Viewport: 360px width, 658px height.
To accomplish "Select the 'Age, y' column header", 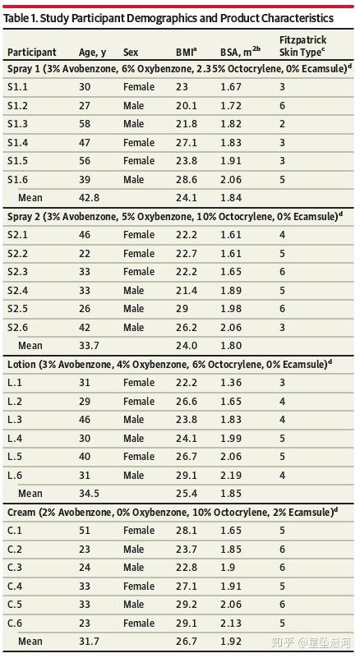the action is (x=92, y=53).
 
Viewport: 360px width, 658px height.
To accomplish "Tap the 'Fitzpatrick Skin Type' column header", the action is (x=302, y=47).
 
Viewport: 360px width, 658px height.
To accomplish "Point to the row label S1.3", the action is (x=17, y=124).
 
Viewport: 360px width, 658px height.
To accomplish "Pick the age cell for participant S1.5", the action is (x=85, y=161).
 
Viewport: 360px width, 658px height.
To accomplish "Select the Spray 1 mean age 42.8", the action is (x=89, y=197).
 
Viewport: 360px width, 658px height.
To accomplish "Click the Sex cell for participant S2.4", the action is (x=134, y=291).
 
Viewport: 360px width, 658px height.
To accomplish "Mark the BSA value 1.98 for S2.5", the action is (x=231, y=309).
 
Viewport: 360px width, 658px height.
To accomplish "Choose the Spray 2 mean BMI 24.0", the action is (x=187, y=345).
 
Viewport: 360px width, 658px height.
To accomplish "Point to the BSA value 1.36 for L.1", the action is (x=231, y=383).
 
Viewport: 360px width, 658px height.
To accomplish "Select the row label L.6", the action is (x=16, y=475).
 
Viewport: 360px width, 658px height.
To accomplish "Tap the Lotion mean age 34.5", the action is (x=89, y=493).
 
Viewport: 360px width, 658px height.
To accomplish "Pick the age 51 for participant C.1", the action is (x=85, y=531).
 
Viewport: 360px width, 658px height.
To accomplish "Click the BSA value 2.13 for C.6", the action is (x=231, y=623).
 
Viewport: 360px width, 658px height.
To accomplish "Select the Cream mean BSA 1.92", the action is (x=231, y=642).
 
